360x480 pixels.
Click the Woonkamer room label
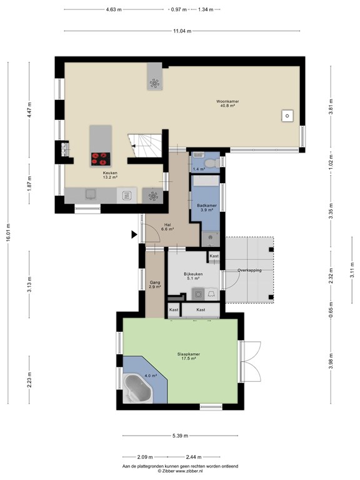click(x=227, y=101)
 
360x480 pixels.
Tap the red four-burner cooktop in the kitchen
click(x=101, y=159)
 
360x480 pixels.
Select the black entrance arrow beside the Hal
click(x=134, y=234)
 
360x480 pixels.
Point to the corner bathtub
click(x=137, y=389)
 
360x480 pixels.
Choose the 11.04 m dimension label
click(x=182, y=31)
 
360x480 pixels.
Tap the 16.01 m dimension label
click(x=8, y=233)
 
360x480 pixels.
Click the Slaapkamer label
click(x=189, y=354)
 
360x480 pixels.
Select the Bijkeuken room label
click(x=193, y=274)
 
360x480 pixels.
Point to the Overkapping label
click(x=249, y=270)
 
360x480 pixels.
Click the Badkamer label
click(x=207, y=206)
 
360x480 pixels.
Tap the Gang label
click(x=155, y=282)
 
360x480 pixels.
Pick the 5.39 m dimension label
click(x=180, y=436)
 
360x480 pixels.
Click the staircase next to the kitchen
click(x=145, y=146)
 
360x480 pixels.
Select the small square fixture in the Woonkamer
click(x=287, y=116)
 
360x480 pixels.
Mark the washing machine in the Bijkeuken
click(x=198, y=294)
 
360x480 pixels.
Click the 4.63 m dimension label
click(x=114, y=9)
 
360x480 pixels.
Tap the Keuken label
click(x=110, y=173)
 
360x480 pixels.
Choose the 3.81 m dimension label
click(x=331, y=107)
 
